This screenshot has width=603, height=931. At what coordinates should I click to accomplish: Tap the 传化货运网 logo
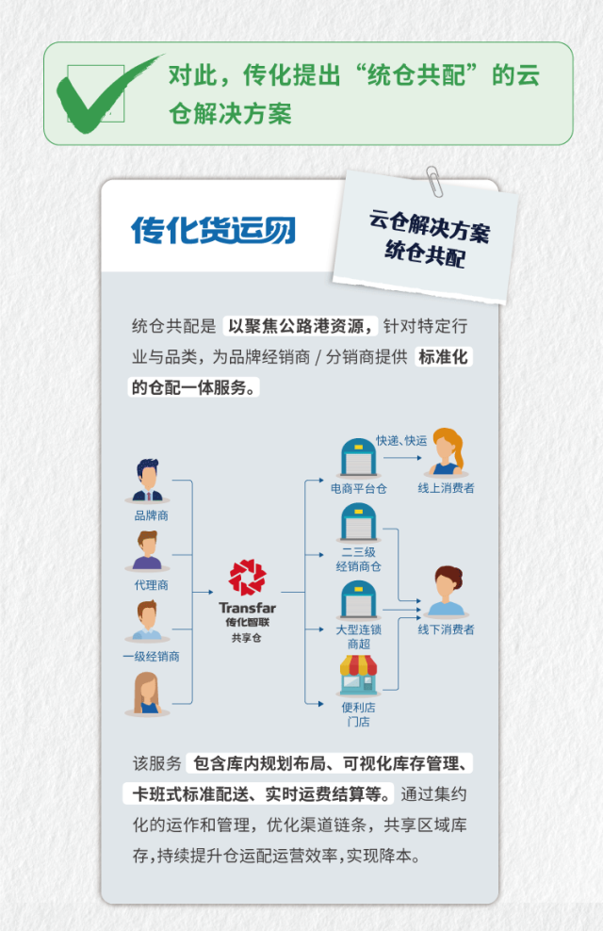tap(213, 230)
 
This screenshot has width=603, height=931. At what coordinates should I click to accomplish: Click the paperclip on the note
tap(434, 181)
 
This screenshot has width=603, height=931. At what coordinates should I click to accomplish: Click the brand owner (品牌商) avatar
tap(149, 481)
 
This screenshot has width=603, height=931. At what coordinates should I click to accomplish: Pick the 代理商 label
tap(151, 584)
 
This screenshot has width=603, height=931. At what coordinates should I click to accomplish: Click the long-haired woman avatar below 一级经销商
tap(148, 694)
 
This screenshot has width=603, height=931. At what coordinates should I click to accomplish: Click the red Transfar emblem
tap(248, 579)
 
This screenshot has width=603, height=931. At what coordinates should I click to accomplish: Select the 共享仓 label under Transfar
tap(247, 637)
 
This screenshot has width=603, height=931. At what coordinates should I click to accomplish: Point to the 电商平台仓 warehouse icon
tap(358, 458)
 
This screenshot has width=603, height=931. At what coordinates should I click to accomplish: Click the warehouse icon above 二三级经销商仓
tap(358, 524)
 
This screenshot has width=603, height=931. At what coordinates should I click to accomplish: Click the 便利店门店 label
tap(358, 714)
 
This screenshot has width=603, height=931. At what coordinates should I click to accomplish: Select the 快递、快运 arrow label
tap(401, 441)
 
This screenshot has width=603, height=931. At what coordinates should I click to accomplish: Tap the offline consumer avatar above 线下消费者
tap(446, 592)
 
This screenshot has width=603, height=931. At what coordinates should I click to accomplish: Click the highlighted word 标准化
tap(442, 357)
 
